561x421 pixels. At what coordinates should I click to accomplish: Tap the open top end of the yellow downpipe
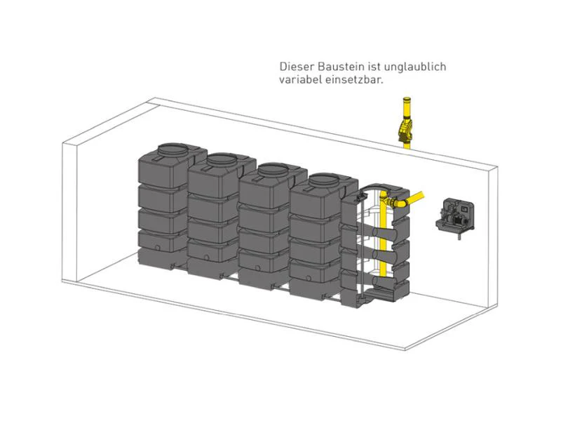click(x=407, y=98)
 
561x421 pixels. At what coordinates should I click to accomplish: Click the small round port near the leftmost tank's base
click(x=157, y=248)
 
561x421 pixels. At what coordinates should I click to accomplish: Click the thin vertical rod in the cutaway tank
click(x=363, y=247)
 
